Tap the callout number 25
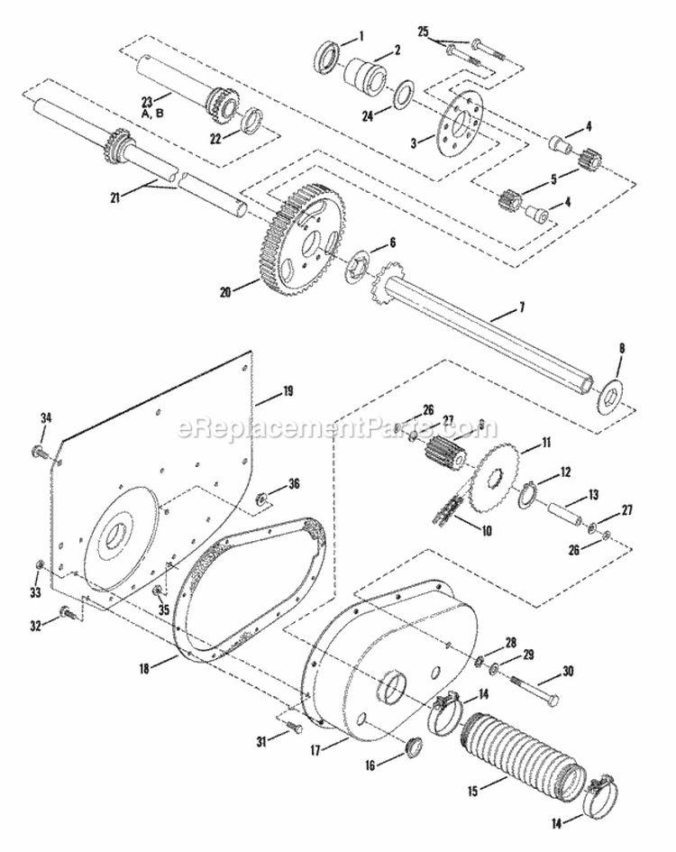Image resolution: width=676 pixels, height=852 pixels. click(x=423, y=32)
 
